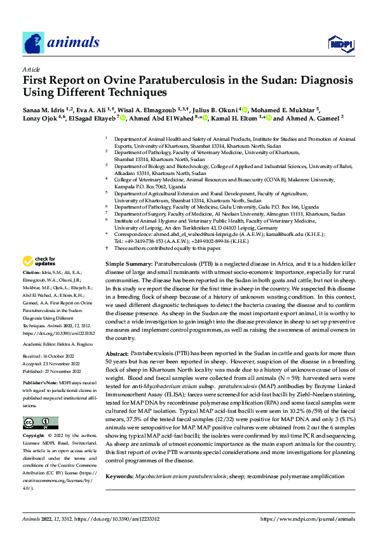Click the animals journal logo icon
(33, 43)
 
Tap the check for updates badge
(41, 278)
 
